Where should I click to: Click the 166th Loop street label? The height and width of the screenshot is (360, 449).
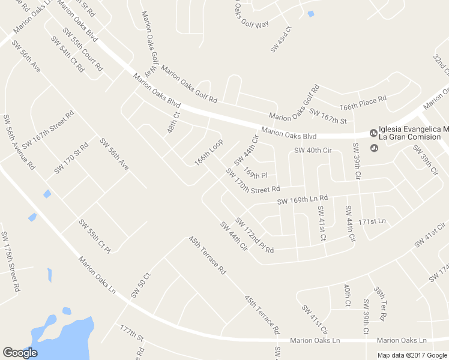tap(208, 154)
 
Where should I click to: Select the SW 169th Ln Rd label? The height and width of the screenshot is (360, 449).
tap(303, 199)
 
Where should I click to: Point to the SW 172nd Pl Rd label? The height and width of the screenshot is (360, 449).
tap(255, 235)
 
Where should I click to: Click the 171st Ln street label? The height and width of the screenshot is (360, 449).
tap(372, 221)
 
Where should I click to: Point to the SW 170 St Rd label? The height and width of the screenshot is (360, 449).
tap(71, 158)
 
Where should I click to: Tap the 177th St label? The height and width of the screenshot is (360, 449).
tap(131, 334)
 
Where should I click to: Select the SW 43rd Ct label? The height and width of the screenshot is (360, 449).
tap(281, 39)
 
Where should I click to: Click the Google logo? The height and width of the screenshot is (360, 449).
tap(19, 353)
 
